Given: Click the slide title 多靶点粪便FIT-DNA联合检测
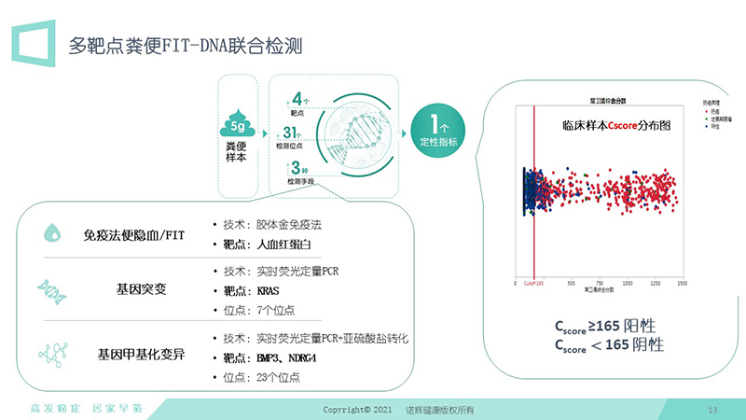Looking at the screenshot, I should click(189, 45).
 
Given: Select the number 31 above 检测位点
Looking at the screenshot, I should click(291, 133).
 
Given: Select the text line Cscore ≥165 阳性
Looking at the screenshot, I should click(605, 326).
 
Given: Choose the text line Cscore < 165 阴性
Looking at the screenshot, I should click(608, 344).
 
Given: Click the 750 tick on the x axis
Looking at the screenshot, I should click(599, 283).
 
